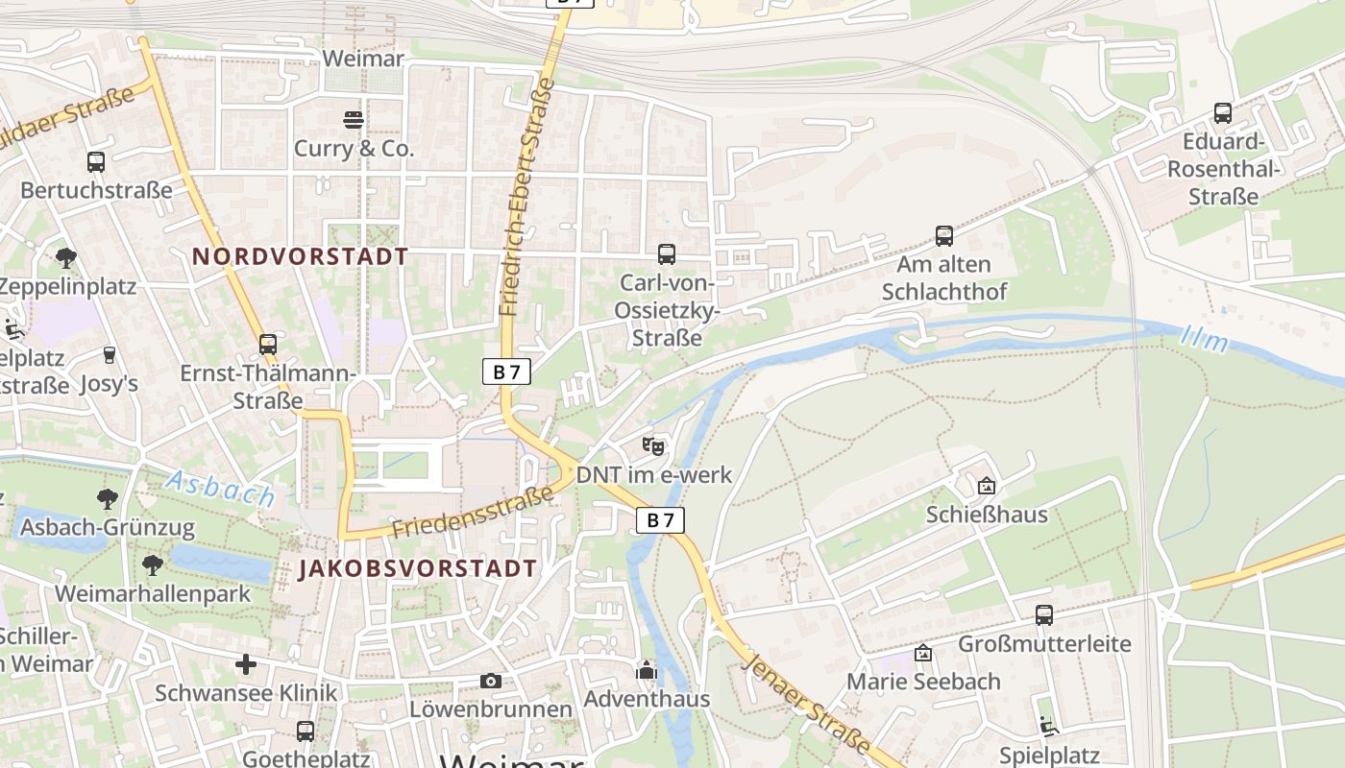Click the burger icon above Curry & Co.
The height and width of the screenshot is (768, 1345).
point(354,119)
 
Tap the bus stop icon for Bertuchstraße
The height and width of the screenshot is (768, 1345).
point(95,161)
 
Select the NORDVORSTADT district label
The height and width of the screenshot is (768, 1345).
point(301,256)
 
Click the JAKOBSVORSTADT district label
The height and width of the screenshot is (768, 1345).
point(417,567)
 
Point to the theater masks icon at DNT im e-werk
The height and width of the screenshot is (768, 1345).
point(653,445)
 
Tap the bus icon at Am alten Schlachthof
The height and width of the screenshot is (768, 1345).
point(944,235)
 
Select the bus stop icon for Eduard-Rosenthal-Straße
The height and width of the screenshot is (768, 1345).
point(1222,113)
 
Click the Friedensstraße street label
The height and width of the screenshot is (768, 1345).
point(473,513)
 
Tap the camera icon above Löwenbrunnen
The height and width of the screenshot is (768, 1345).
point(491,681)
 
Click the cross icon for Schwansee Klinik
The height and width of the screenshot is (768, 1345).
point(246,663)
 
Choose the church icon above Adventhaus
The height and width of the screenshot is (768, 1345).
point(647,669)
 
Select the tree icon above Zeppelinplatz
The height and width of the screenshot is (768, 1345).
point(66,257)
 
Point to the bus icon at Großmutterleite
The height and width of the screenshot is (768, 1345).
point(1044,614)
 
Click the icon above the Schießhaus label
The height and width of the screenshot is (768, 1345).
point(986,486)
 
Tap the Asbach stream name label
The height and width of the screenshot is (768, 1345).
point(220,489)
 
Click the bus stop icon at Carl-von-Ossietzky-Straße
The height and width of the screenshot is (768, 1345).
point(666,254)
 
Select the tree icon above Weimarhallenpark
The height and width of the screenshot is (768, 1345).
point(152,564)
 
